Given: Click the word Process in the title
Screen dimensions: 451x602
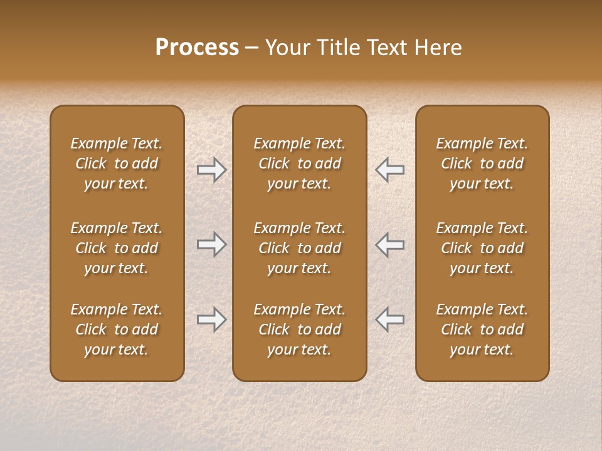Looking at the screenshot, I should (197, 48).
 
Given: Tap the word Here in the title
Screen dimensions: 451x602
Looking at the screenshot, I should (438, 48).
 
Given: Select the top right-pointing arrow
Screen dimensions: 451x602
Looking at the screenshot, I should (211, 169).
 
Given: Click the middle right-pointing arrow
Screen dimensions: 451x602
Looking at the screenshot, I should (211, 244).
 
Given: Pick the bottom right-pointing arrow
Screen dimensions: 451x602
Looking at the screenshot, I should (211, 319).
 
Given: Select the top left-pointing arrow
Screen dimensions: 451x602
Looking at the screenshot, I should (390, 169).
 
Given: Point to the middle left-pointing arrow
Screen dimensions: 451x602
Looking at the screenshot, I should (390, 244).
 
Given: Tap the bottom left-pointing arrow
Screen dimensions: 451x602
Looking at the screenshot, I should (390, 319).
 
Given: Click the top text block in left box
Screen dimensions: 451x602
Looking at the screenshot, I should (117, 163).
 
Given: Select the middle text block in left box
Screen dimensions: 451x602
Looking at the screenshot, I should (117, 248).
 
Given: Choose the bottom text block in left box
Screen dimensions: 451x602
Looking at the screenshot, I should (117, 329).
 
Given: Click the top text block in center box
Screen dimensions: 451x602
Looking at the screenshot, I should (299, 163).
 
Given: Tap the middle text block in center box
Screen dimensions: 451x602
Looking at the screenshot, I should (299, 248).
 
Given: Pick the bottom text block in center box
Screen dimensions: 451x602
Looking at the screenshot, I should (299, 329).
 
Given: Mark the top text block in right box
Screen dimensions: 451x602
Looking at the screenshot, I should (482, 163).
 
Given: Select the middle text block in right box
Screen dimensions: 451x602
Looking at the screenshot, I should (482, 248).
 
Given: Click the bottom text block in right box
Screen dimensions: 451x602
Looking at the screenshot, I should (482, 329).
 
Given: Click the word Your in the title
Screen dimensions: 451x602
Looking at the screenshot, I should (287, 48).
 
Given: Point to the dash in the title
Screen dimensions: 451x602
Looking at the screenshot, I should (252, 48).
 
